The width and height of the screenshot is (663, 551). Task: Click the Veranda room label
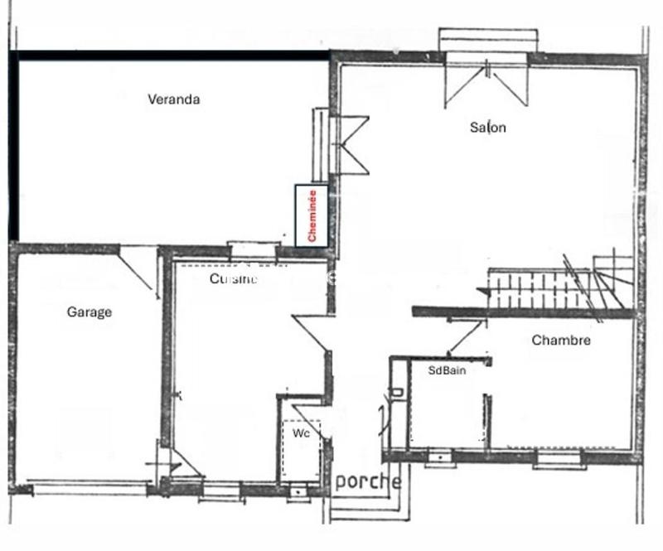(x=174, y=99)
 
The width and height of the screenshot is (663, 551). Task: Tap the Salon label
(x=487, y=128)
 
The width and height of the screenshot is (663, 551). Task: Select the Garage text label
(x=90, y=312)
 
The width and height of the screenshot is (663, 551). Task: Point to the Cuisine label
(x=233, y=279)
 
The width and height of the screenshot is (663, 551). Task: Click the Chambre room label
(x=561, y=340)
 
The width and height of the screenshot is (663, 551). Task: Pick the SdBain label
(x=447, y=370)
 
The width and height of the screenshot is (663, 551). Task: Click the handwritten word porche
(x=367, y=481)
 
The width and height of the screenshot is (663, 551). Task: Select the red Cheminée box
(x=312, y=215)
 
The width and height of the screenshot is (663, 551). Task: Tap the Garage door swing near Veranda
(x=136, y=267)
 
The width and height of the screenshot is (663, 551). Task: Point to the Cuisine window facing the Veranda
(x=252, y=246)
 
